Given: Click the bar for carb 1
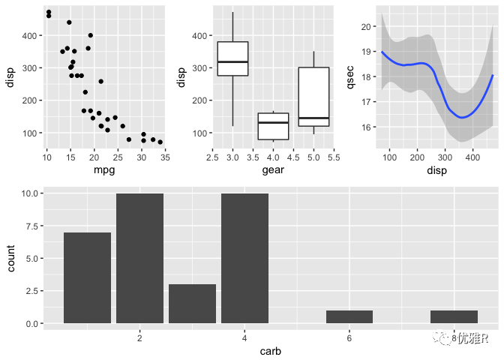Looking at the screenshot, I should tap(87, 277).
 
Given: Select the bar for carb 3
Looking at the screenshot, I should tap(192, 304).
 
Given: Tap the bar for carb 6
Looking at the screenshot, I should tap(349, 316).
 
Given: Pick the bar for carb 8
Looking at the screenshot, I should tap(454, 316).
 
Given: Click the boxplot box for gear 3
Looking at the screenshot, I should tap(232, 58).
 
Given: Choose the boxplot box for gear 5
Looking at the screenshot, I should tap(313, 97).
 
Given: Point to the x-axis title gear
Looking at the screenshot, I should tap(273, 170).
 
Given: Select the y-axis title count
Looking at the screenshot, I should tap(10, 259).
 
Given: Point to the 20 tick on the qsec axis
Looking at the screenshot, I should tap(367, 26).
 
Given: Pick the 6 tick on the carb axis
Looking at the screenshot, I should tap(349, 338).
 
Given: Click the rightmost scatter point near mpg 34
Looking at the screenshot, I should tap(160, 142).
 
